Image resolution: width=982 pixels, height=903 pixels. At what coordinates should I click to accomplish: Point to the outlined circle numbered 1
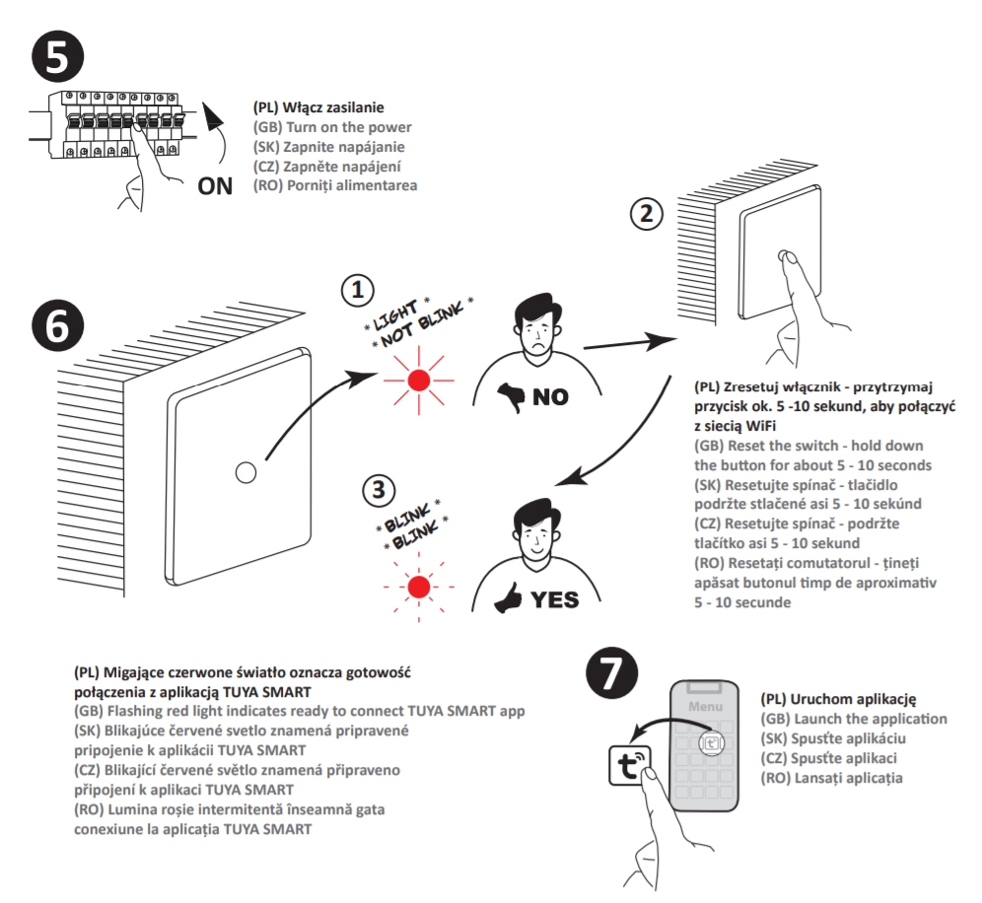359,290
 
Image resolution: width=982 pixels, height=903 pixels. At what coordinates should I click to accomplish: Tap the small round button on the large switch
245,472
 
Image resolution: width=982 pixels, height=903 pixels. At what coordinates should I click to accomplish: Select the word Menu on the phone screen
705,706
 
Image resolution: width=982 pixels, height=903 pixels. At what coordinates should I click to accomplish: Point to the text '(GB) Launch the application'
854,719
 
